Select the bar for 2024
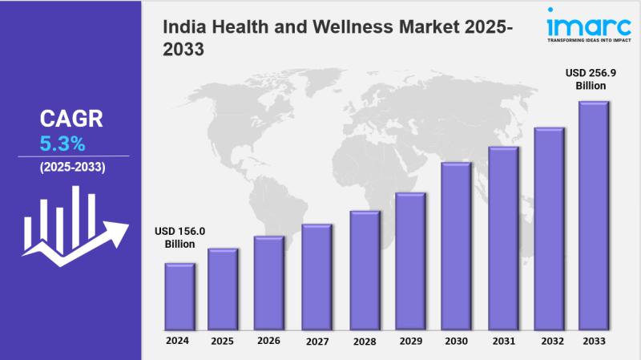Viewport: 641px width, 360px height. pyautogui.click(x=179, y=296)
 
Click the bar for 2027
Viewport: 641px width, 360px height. pyautogui.click(x=316, y=277)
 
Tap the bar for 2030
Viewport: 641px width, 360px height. pyautogui.click(x=455, y=245)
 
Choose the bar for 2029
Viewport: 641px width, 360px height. pyautogui.click(x=409, y=261)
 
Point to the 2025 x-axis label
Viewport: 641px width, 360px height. pyautogui.click(x=222, y=341)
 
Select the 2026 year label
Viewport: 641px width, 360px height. pyautogui.click(x=268, y=341)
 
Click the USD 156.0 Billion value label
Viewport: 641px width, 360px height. pyautogui.click(x=179, y=237)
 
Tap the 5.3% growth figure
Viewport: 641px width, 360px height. pyautogui.click(x=62, y=144)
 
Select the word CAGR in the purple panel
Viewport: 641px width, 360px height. pyautogui.click(x=71, y=119)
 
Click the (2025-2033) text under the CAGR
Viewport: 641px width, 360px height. pyautogui.click(x=72, y=167)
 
